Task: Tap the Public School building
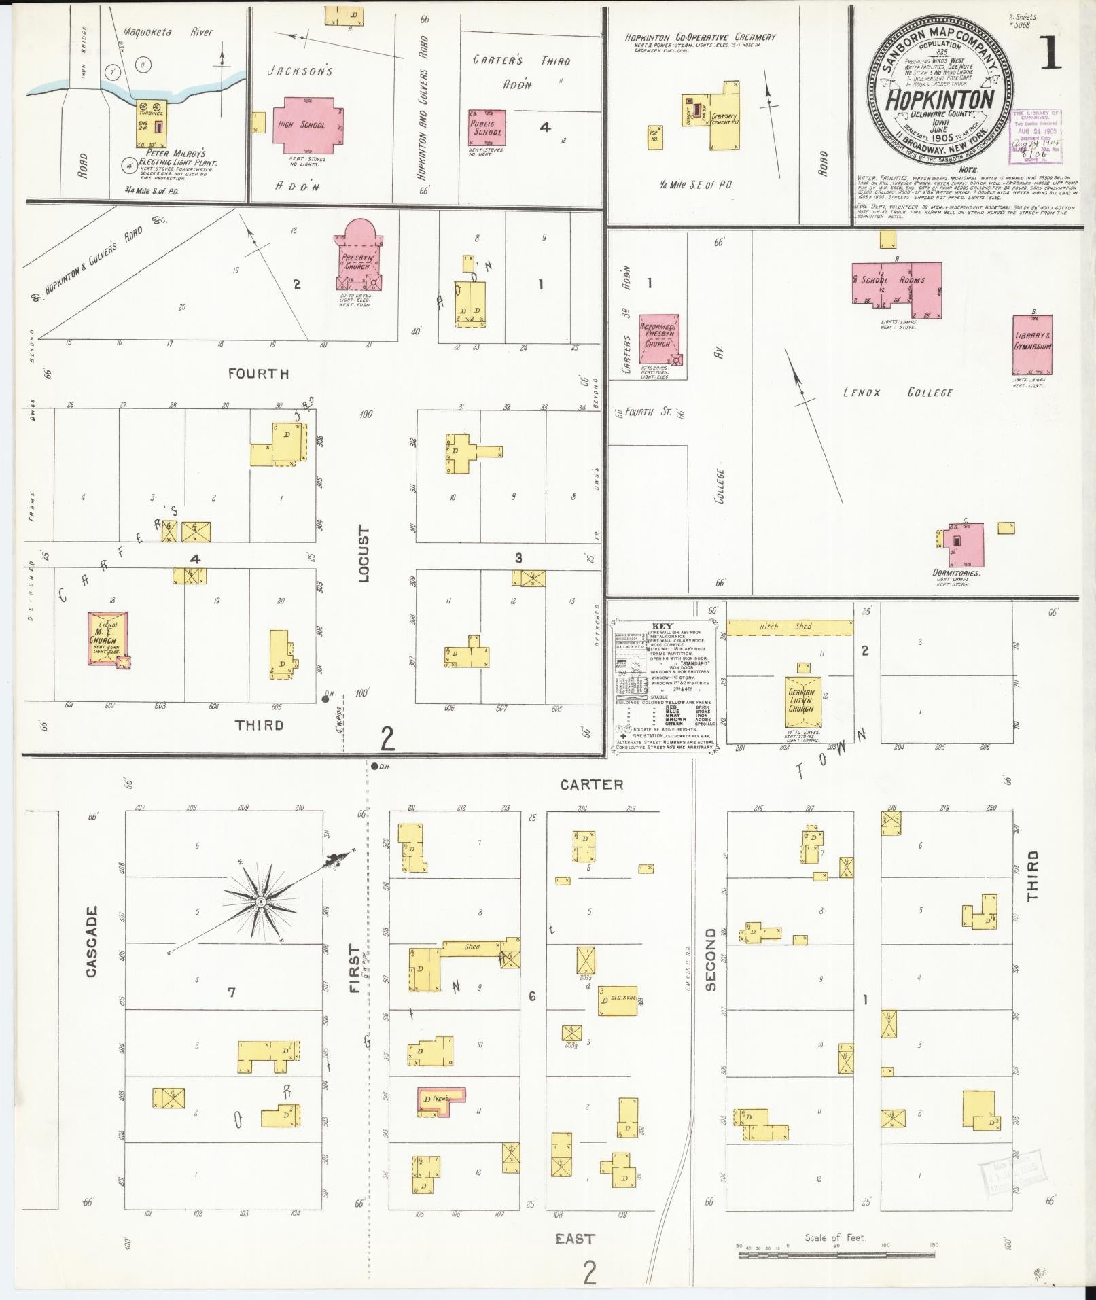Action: pyautogui.click(x=487, y=128)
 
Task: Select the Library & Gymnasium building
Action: pyautogui.click(x=1032, y=345)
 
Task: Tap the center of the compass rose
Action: pyautogui.click(x=260, y=902)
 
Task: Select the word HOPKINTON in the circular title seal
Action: pyautogui.click(x=939, y=101)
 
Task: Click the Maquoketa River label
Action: pyautogui.click(x=169, y=32)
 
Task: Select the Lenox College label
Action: pyautogui.click(x=897, y=393)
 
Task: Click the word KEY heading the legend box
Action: pyautogui.click(x=661, y=626)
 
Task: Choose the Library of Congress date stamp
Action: pyautogui.click(x=1036, y=133)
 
